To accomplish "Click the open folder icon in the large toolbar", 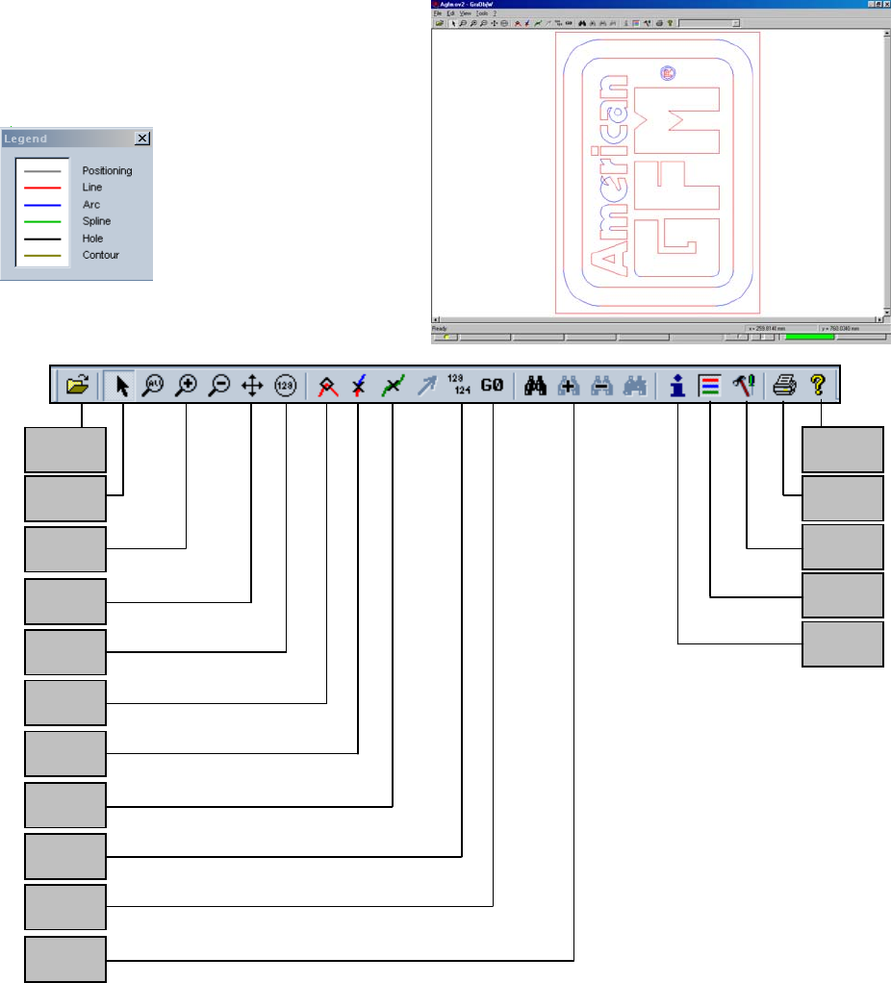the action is point(76,386).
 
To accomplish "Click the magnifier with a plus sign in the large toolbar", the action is point(186,386).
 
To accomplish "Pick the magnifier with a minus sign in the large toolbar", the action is point(217,386).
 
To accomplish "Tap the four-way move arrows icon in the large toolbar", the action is point(251,386).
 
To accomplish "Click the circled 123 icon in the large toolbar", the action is point(285,386).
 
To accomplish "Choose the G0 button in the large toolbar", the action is point(493,386).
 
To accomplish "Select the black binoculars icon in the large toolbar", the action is point(535,386).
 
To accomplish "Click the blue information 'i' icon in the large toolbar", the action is point(678,386).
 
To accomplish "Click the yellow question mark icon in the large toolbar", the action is point(820,386).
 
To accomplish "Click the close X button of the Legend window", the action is point(142,139).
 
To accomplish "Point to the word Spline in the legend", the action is point(96,221).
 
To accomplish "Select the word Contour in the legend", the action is point(100,255).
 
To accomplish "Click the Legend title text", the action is point(26,139).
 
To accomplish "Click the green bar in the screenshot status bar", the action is point(809,338).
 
